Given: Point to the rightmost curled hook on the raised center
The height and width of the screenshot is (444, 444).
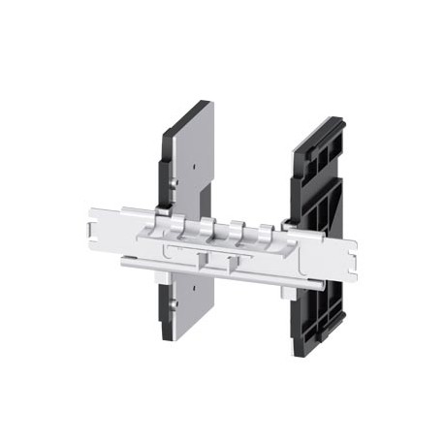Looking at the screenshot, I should click(266, 230).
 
